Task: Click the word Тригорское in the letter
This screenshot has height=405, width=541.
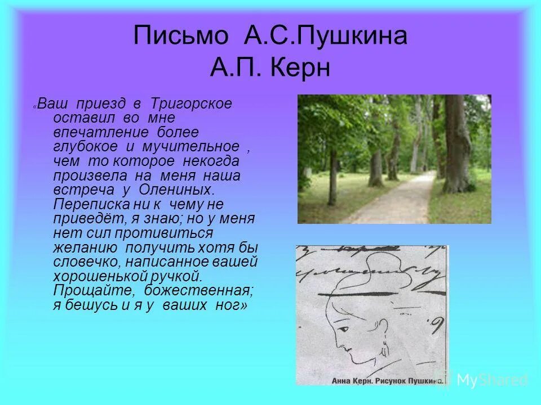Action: click(x=190, y=104)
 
